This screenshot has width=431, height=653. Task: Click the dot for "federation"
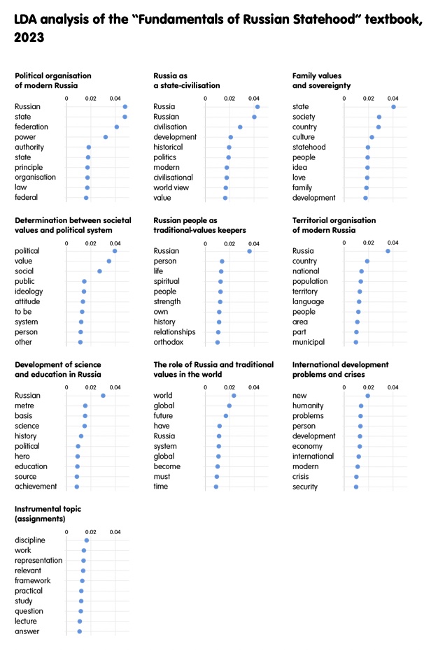click(117, 127)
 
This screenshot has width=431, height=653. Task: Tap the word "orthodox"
click(169, 342)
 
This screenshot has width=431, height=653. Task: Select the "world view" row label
click(171, 188)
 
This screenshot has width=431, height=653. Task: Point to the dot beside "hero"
click(78, 457)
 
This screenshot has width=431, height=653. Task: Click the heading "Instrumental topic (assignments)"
click(48, 514)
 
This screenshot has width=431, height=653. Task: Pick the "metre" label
click(24, 406)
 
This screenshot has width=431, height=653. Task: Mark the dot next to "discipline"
click(87, 540)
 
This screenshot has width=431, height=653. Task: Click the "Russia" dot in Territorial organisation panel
click(388, 251)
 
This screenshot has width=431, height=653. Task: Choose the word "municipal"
click(309, 343)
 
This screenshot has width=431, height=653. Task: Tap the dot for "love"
click(367, 178)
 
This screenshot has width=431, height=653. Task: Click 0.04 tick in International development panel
click(393, 387)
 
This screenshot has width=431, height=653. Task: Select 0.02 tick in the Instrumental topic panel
click(90, 532)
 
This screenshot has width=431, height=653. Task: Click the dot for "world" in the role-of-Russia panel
click(234, 396)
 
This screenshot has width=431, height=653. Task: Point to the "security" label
click(304, 487)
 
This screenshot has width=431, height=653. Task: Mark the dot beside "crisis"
click(356, 477)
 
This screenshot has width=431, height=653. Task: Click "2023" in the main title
click(29, 38)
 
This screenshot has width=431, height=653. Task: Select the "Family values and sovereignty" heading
click(321, 81)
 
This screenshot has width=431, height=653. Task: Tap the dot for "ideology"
click(84, 292)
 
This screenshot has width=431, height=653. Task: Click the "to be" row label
click(23, 312)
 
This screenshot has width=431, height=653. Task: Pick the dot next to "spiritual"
click(220, 282)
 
